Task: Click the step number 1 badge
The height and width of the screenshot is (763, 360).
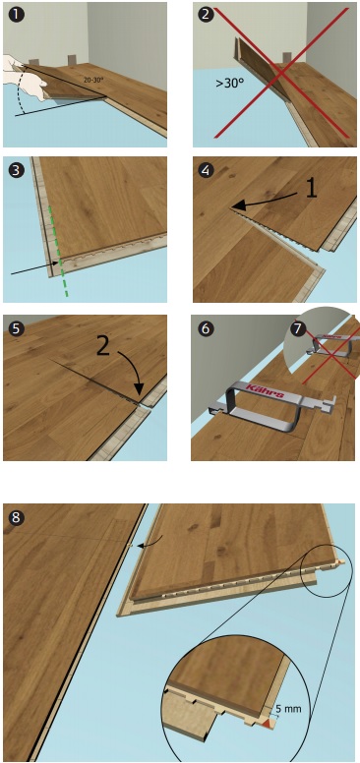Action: point(16,14)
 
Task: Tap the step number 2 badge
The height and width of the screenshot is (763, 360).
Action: point(207,14)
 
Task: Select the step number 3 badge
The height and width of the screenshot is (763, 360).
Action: point(16,170)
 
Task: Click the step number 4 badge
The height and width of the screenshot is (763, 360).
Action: point(207,170)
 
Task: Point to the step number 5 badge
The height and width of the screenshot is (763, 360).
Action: point(16,328)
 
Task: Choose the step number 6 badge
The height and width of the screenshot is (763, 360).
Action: point(207,328)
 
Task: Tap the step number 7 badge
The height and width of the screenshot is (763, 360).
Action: point(297,327)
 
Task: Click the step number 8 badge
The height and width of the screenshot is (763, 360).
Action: point(16,517)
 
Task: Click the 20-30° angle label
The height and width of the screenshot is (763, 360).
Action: point(92,80)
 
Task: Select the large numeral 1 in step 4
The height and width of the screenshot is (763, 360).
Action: point(312,188)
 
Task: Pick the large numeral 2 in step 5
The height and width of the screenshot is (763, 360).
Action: point(103,346)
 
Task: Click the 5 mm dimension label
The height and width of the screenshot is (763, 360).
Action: point(288,708)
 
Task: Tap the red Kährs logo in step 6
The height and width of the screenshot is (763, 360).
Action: point(265,391)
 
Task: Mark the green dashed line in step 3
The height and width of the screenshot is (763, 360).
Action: point(57,251)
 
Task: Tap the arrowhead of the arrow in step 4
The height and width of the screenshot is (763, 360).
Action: point(237,206)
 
